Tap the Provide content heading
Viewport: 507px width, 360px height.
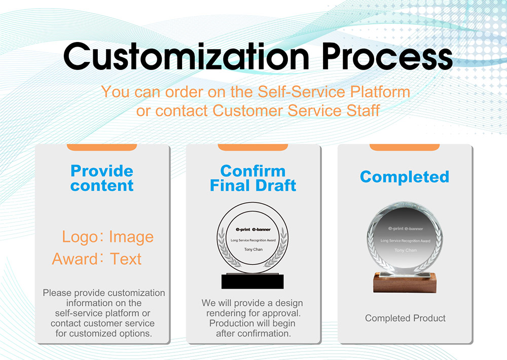(102, 178)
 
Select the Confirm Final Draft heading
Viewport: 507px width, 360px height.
(253, 178)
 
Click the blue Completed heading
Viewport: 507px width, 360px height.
(405, 176)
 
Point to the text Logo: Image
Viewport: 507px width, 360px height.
(107, 237)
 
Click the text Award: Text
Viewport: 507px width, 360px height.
(97, 259)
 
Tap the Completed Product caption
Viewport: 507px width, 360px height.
(405, 318)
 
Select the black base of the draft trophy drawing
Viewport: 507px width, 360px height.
(252, 281)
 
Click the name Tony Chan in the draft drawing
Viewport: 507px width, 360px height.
(253, 249)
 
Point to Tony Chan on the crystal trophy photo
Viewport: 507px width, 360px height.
(405, 250)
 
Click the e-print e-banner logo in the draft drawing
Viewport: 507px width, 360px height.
(253, 229)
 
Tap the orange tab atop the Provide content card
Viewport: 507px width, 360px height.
(102, 147)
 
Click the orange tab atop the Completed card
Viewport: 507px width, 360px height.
(405, 147)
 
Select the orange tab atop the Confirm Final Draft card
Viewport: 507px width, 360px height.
(253, 147)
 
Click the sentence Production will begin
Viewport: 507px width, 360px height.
(252, 323)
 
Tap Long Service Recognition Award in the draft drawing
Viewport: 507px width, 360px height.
(253, 240)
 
